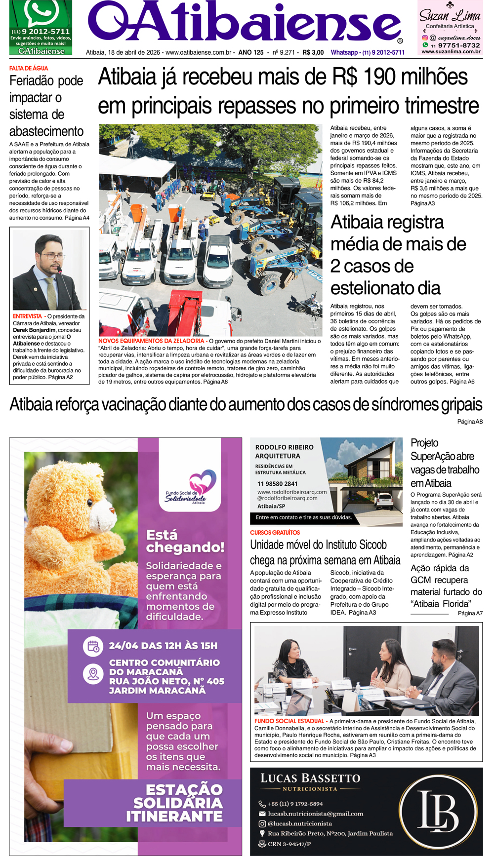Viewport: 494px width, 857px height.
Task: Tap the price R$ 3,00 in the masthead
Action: coord(313,52)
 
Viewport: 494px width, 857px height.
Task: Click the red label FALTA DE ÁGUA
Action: coord(29,68)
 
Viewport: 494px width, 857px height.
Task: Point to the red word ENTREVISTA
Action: coord(27,316)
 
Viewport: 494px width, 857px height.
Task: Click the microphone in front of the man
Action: coord(60,271)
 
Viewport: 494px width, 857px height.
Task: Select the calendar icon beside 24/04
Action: coord(93,646)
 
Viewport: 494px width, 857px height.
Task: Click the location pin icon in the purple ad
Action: coord(93,674)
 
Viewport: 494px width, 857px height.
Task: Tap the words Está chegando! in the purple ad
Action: coord(185,541)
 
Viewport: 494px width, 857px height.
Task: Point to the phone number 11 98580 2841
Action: coord(277,484)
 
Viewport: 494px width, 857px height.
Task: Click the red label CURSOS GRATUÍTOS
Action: coord(275,533)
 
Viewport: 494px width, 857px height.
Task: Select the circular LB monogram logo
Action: coord(438,812)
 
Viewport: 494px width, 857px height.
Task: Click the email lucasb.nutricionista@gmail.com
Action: coord(315,814)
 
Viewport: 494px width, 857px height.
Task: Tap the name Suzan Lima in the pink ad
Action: coord(450,15)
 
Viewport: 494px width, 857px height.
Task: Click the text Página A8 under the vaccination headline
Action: coord(469,422)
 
